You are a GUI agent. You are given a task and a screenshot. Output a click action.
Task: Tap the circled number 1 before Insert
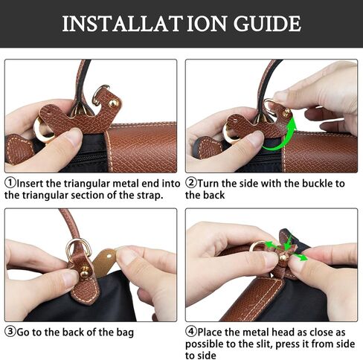(10, 182)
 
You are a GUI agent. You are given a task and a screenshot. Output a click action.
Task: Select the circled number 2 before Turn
(191, 182)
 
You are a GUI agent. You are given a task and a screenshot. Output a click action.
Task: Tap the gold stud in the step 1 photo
(113, 103)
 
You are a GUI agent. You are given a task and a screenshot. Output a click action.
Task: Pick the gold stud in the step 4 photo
(283, 257)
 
